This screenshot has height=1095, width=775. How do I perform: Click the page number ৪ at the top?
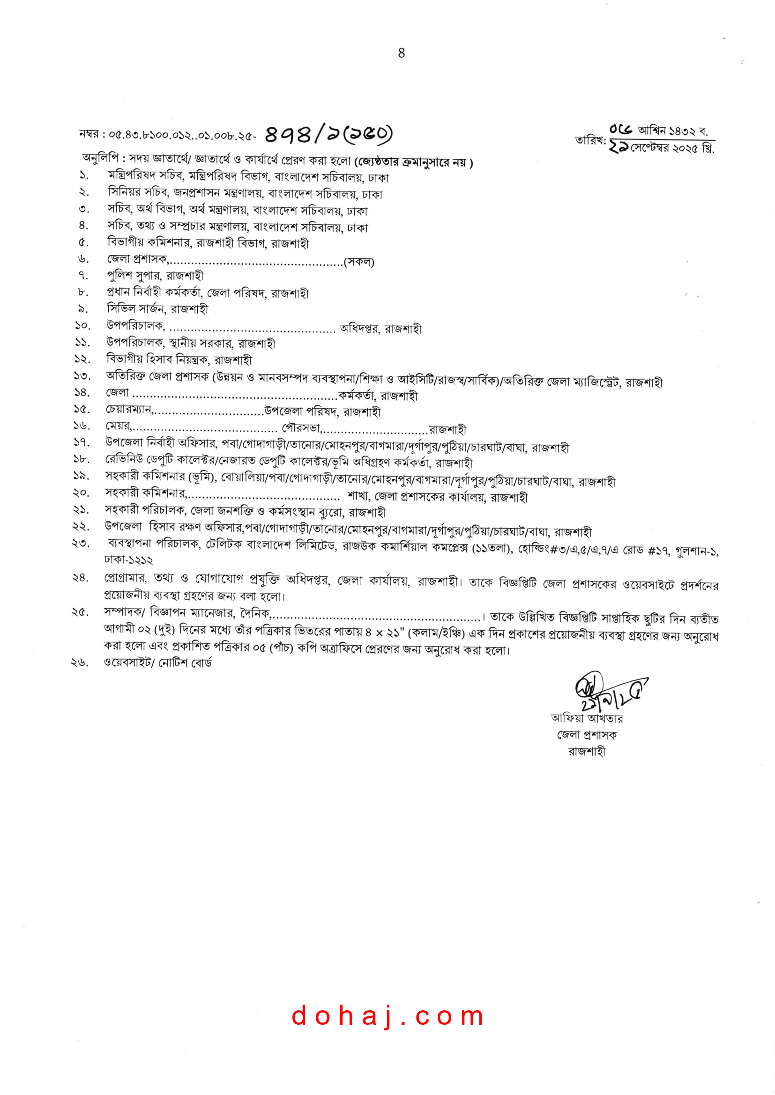pos(402,53)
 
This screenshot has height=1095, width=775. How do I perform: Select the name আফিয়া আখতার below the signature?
pos(587,718)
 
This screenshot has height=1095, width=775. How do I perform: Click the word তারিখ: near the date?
pos(590,140)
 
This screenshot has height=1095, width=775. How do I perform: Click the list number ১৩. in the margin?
pos(82,376)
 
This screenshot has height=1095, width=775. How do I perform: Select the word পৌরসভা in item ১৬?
pos(301,428)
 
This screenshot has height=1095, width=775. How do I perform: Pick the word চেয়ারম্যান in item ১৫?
pos(128,409)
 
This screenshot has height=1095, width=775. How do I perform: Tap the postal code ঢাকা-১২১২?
pos(128,560)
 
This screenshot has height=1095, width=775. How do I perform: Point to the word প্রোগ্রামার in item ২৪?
pos(125,578)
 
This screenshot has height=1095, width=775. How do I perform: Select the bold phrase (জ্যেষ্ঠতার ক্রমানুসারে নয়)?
pos(413,162)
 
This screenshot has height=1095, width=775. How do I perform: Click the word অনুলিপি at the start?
pos(100,158)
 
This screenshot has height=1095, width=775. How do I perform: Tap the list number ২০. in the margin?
pos(81,492)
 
